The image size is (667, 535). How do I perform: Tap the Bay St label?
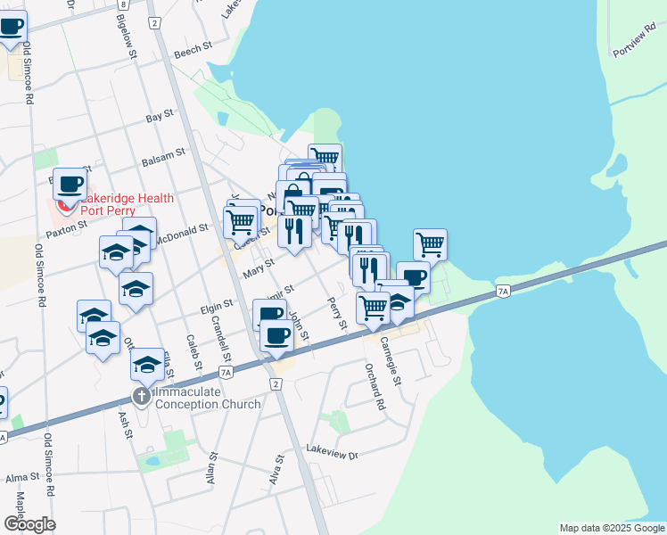point(159,118)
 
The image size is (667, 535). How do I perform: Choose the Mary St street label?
point(257,265)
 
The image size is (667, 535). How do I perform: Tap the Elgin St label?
point(216,304)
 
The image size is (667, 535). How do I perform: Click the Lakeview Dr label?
point(331,455)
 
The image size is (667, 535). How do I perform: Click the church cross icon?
point(141,396)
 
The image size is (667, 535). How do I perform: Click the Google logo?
point(29,524)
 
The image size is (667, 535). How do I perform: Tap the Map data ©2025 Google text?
point(611,528)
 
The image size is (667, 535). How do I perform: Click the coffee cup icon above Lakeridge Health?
point(70,185)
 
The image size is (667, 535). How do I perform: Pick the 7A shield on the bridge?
point(503,292)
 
